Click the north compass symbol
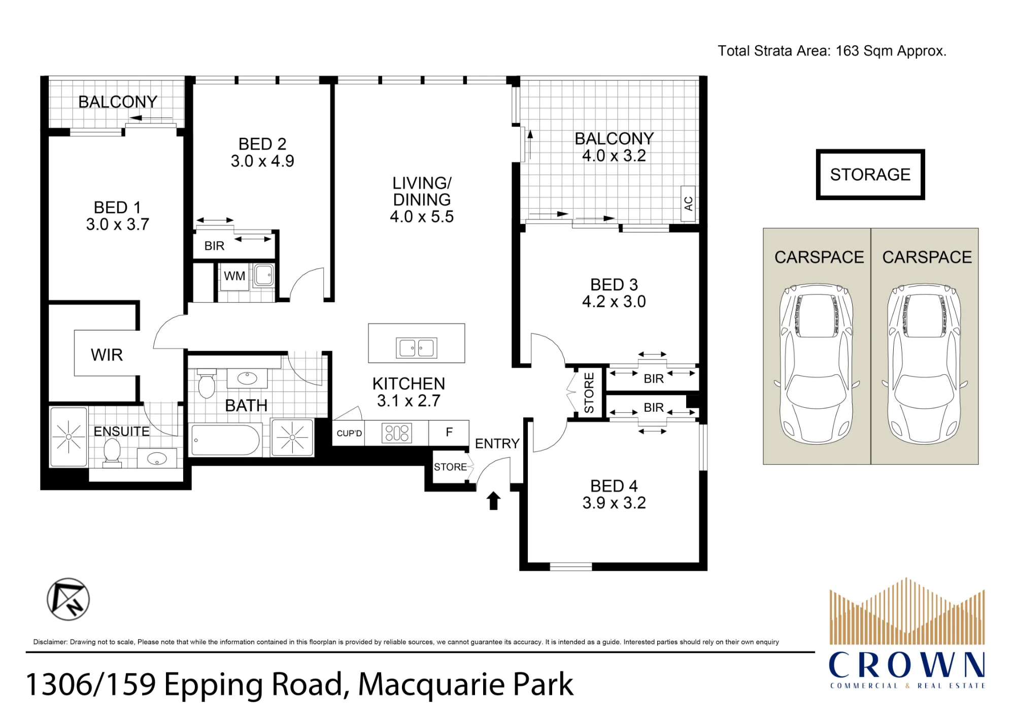pyautogui.click(x=68, y=599)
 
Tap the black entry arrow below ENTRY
pyautogui.click(x=494, y=500)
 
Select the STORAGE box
pyautogui.click(x=870, y=174)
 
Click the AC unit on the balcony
pyautogui.click(x=688, y=204)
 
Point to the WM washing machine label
pyautogui.click(x=234, y=276)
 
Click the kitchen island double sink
pyautogui.click(x=416, y=348)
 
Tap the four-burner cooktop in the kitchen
pyautogui.click(x=397, y=433)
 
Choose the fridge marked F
pyautogui.click(x=449, y=433)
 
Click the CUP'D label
pyautogui.click(x=349, y=434)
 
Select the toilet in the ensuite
pyautogui.click(x=112, y=451)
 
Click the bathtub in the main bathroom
pyautogui.click(x=225, y=440)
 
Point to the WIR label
pyautogui.click(x=107, y=355)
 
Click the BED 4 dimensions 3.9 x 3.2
pyautogui.click(x=614, y=503)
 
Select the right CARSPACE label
pyautogui.click(x=927, y=257)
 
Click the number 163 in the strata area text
pyautogui.click(x=847, y=51)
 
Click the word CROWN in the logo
pyautogui.click(x=907, y=665)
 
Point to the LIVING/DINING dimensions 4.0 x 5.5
pyautogui.click(x=422, y=217)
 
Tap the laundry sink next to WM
pyautogui.click(x=263, y=276)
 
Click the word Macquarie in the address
pyautogui.click(x=431, y=684)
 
